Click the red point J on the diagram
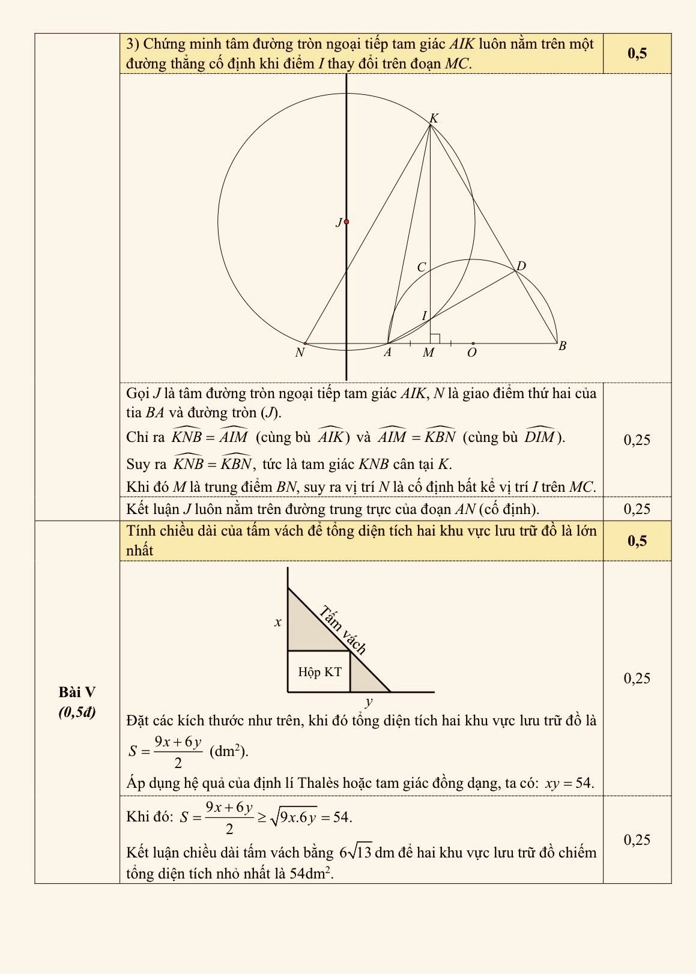click(x=346, y=222)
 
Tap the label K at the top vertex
click(x=434, y=118)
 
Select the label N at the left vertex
click(x=300, y=353)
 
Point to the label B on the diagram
click(x=562, y=346)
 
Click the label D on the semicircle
click(x=521, y=266)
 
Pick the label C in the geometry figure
click(x=421, y=267)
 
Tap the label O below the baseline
click(x=472, y=353)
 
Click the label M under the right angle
click(x=428, y=353)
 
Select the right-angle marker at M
click(x=435, y=339)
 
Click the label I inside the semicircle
click(x=424, y=316)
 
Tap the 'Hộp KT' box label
click(x=319, y=672)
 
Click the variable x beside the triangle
click(x=278, y=622)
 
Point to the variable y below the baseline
click(x=369, y=701)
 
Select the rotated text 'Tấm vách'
click(x=342, y=629)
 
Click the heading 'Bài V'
click(x=77, y=692)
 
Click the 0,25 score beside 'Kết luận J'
click(x=637, y=509)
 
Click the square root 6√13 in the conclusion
click(x=356, y=853)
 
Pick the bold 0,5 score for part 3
click(x=637, y=53)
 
